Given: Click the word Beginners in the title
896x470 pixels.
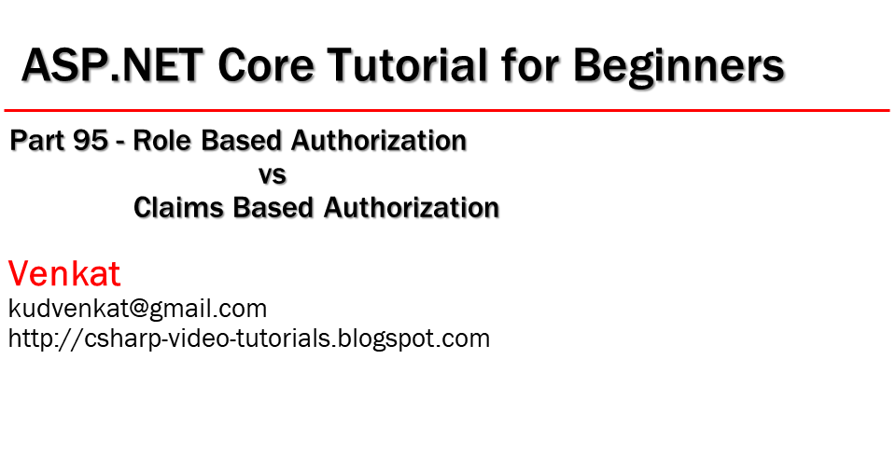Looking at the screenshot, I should coord(679,68).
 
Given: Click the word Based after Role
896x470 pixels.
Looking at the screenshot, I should coord(243,141).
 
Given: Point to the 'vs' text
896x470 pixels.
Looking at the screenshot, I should coord(272,173).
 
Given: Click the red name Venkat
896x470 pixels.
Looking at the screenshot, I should coord(64,273).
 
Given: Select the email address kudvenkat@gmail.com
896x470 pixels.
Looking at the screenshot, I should coord(137,309).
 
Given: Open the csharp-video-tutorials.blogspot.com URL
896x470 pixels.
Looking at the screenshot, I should coord(249,338).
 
